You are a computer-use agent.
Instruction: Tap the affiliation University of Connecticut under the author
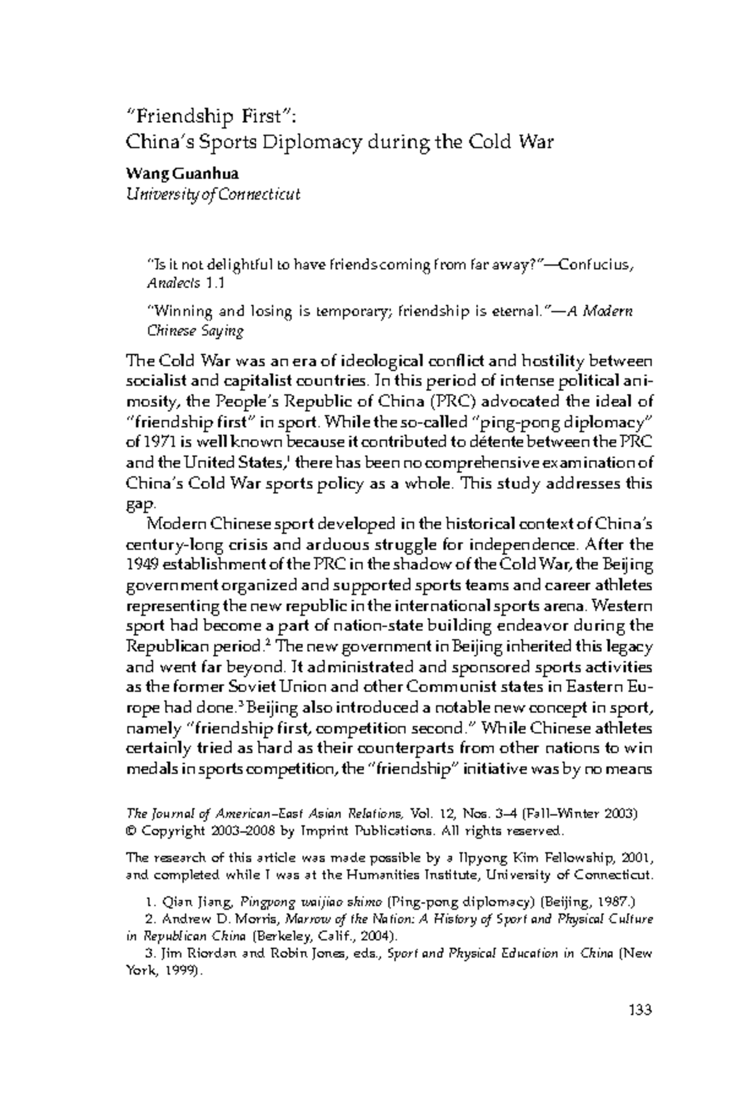[x=213, y=195]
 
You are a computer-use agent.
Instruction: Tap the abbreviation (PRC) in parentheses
[x=450, y=402]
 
